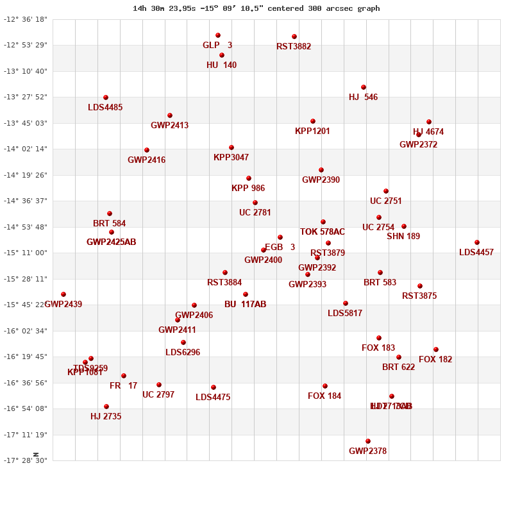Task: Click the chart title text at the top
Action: point(256,8)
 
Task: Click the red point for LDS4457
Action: point(477,242)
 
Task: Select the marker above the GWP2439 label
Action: point(63,294)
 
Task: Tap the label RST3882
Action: point(294,47)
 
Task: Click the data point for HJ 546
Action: point(364,87)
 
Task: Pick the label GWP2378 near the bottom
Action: point(367,451)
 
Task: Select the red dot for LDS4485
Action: point(106,97)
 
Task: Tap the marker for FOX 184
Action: point(325,386)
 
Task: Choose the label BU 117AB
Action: point(245,305)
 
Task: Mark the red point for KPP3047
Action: point(231,147)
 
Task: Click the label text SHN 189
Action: point(403,237)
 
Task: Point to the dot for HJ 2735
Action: point(106,407)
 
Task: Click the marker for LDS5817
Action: point(346,303)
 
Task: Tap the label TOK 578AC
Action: point(322,232)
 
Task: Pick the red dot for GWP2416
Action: point(147,150)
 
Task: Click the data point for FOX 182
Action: point(436,349)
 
